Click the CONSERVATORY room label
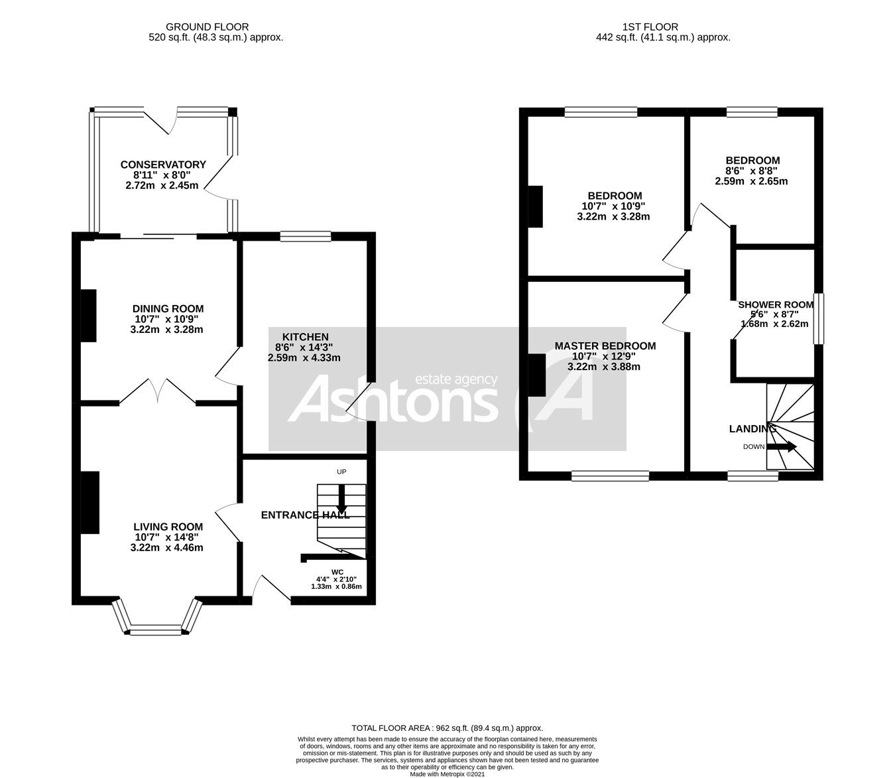pos(163,164)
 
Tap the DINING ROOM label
pos(168,308)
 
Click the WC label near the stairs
pos(338,571)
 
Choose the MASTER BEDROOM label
pos(605,346)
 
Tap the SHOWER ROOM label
pos(775,304)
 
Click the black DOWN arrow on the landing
pos(782,446)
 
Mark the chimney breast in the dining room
pos(88,315)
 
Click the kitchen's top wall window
pos(305,235)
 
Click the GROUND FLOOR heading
pos(198,27)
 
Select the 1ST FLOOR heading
pos(650,27)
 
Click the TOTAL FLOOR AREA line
pos(447,728)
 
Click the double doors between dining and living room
pos(158,391)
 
